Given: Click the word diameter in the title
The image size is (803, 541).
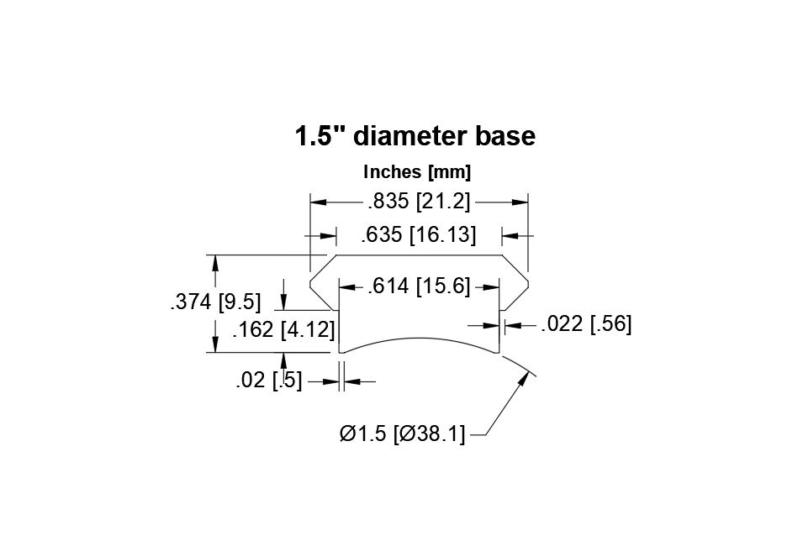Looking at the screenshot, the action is [x=409, y=136].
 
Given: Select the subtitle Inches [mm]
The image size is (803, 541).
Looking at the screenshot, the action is [x=417, y=172].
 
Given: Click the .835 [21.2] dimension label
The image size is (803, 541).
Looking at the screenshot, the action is [x=419, y=201].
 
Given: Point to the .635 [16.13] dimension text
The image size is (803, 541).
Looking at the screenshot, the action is [x=419, y=234].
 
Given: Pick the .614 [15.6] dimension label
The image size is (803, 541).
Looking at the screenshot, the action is [x=419, y=286].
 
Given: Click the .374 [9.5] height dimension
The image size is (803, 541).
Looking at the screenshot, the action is [x=215, y=302].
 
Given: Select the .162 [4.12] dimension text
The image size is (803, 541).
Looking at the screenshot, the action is [x=283, y=329].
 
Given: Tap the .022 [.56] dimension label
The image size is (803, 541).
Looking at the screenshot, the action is [x=586, y=324].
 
